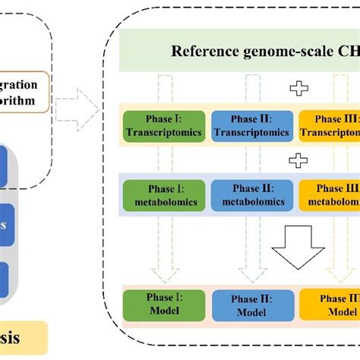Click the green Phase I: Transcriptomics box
165,126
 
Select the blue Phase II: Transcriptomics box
251,126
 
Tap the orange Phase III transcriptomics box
330,126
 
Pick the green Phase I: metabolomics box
165,194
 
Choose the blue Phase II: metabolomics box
251,194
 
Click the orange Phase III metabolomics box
330,194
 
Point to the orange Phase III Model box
330,304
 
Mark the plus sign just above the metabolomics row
300,161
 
